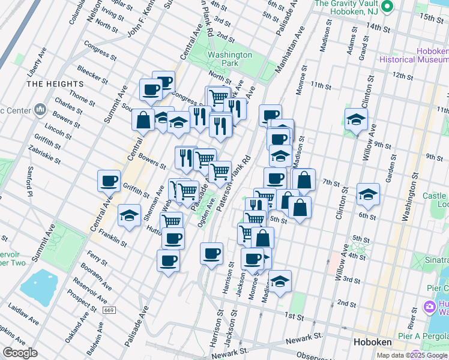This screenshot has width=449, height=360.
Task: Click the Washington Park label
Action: click(x=229, y=58)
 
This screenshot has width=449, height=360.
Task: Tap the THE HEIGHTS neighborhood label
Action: click(x=55, y=84)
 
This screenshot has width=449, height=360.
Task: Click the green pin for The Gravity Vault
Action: click(x=387, y=7)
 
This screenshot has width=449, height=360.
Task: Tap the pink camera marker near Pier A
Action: click(x=429, y=307)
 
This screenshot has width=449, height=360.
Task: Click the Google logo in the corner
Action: click(x=20, y=353)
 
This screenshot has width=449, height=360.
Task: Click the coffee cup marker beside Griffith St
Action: click(x=109, y=181)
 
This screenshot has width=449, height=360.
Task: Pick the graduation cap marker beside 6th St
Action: click(x=368, y=194)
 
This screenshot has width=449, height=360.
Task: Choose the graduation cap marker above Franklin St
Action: click(x=129, y=215)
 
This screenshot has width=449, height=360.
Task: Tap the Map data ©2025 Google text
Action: click(x=411, y=355)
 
